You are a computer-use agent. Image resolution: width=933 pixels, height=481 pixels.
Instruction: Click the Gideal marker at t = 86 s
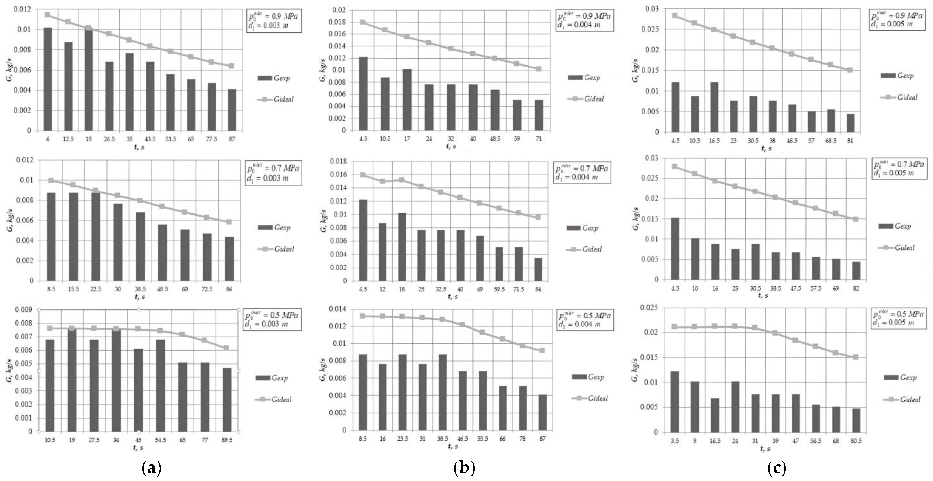tap(229, 222)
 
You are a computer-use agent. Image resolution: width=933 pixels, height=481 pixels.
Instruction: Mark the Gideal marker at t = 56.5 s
tap(815, 346)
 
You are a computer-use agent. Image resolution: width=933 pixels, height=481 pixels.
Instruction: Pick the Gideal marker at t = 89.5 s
tap(226, 348)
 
